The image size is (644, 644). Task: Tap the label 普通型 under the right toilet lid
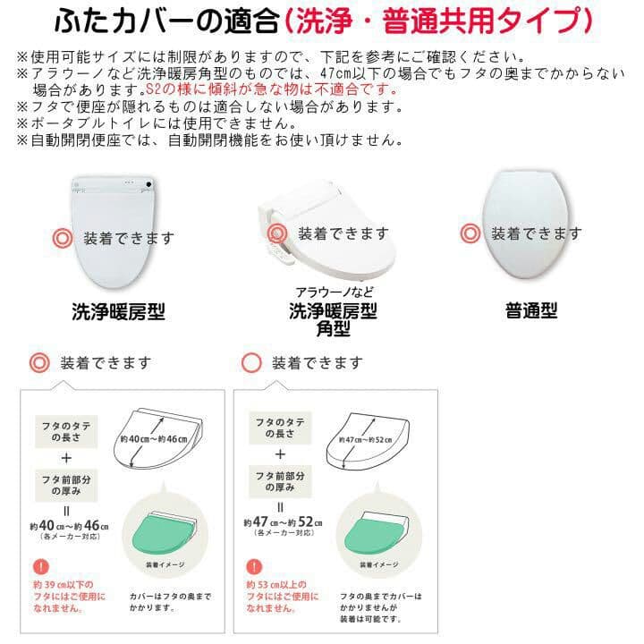click(x=531, y=311)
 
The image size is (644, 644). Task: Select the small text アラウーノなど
click(x=333, y=292)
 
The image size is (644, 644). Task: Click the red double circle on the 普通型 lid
click(x=470, y=234)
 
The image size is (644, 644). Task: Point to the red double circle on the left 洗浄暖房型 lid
click(x=61, y=239)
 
